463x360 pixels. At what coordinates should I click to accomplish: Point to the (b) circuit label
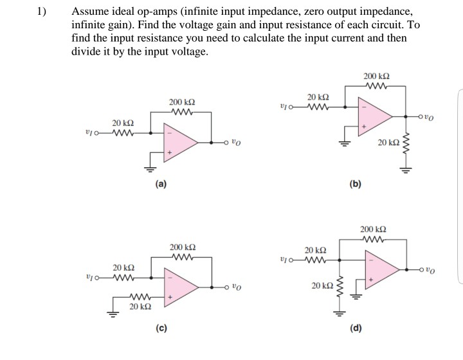pyautogui.click(x=355, y=184)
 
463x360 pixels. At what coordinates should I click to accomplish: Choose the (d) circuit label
pyautogui.click(x=355, y=328)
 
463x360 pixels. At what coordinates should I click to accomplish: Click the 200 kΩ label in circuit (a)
pyautogui.click(x=182, y=102)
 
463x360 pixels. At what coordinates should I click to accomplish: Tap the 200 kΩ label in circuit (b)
pyautogui.click(x=376, y=76)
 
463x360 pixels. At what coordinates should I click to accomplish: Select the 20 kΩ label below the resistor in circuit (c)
pyautogui.click(x=141, y=308)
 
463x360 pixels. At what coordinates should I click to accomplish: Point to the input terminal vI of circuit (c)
pyautogui.click(x=91, y=278)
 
